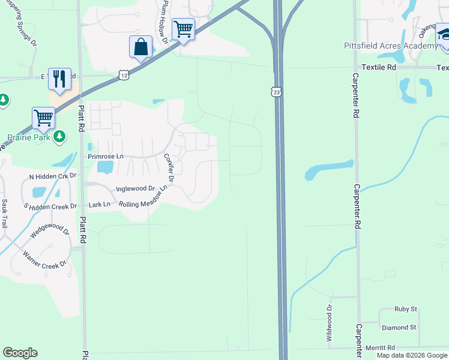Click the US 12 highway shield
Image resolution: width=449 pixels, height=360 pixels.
[x=123, y=74]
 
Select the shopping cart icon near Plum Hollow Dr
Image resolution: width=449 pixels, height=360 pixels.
[x=182, y=29]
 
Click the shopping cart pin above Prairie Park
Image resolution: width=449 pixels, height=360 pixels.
[x=43, y=118]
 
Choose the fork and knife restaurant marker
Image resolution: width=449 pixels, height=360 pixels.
[x=59, y=79]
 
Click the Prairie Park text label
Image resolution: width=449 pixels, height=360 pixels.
[x=25, y=137]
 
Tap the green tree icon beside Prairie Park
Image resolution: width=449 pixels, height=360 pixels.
[x=59, y=137]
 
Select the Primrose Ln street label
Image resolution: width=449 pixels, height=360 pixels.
[x=105, y=157]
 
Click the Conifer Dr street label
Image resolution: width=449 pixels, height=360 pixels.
[x=169, y=168]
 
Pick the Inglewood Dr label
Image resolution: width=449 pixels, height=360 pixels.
[x=135, y=188]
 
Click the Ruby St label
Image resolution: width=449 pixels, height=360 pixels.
[x=406, y=309]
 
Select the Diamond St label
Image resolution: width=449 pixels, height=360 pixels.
[x=399, y=328]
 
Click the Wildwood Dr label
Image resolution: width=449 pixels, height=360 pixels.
[x=329, y=315]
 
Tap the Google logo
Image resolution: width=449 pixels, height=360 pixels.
[x=20, y=353]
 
